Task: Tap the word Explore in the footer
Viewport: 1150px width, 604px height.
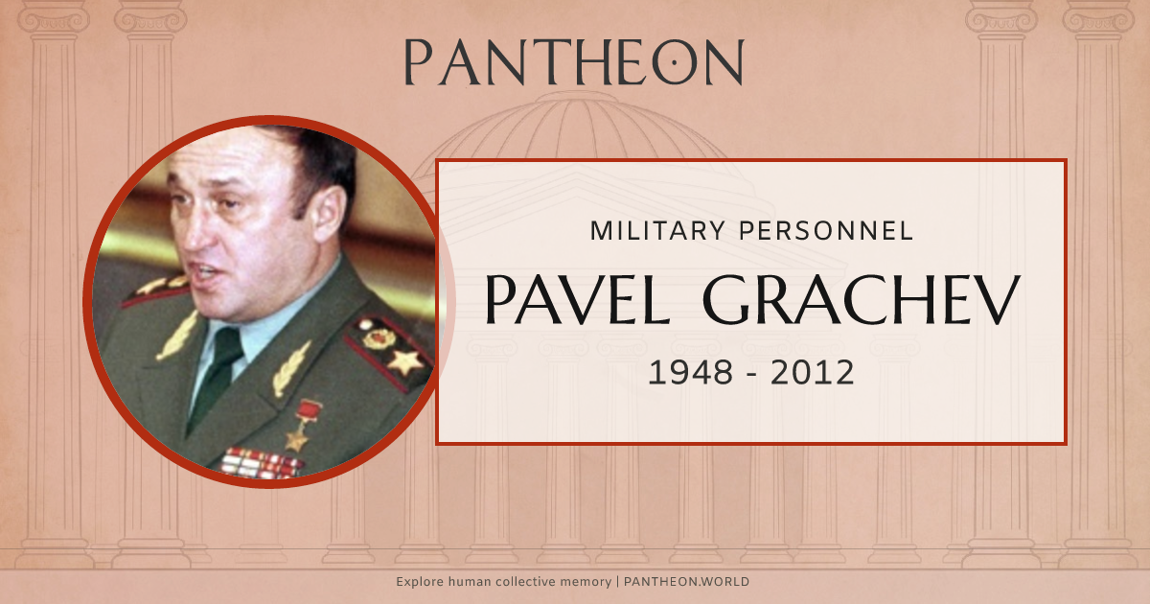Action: click(x=420, y=582)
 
